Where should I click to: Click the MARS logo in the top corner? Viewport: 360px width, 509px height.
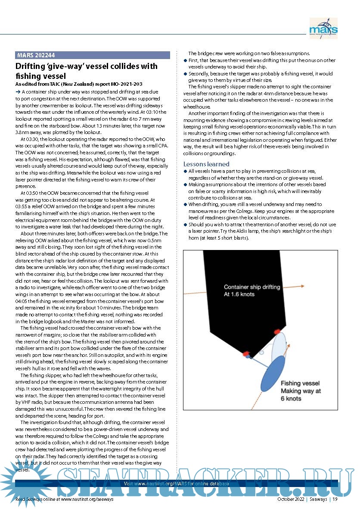tap(323, 28)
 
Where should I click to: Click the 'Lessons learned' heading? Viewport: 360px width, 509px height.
tap(206, 164)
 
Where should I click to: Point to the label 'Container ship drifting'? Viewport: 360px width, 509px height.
tap(251, 287)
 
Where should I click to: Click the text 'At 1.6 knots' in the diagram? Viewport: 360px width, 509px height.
tap(239, 294)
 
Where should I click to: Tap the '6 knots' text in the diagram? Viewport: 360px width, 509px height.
tap(291, 399)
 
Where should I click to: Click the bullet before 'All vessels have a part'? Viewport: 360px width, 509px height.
tap(186, 171)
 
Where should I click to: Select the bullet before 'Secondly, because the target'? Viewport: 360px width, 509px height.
tap(186, 74)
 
